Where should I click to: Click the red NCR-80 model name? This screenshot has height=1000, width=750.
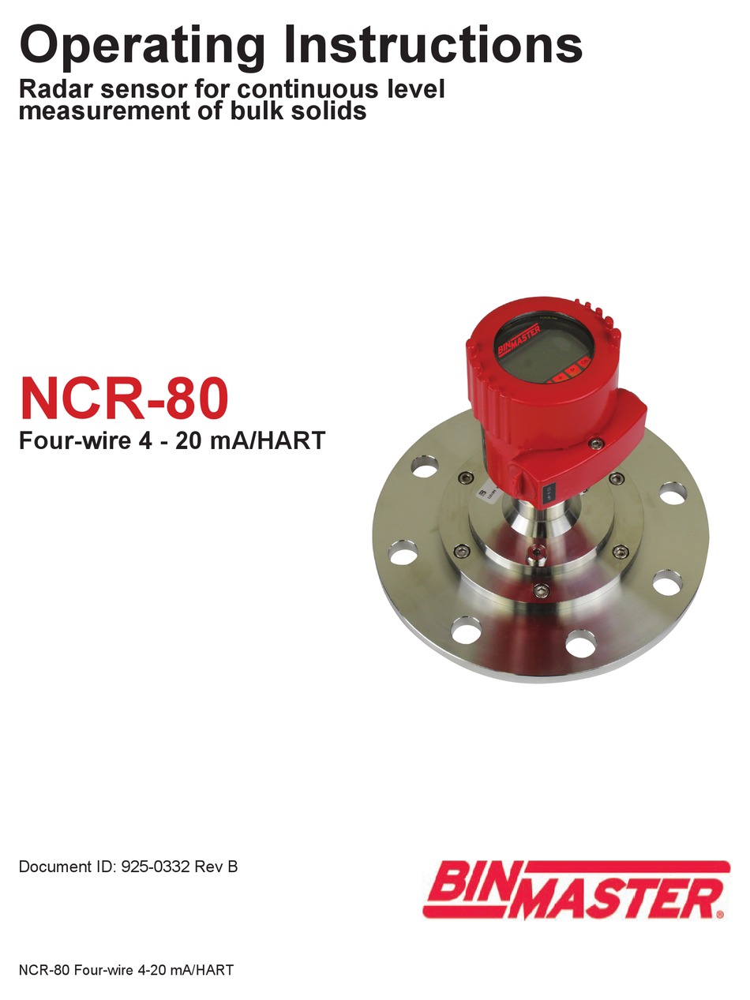click(x=124, y=399)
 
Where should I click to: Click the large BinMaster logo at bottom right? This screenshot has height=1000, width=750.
click(x=573, y=890)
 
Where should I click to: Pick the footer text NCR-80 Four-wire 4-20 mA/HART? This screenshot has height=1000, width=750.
click(x=126, y=970)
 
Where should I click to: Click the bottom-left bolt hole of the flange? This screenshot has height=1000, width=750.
click(x=467, y=631)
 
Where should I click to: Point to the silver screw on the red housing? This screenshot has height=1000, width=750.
click(x=598, y=445)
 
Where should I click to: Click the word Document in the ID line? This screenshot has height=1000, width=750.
click(x=53, y=867)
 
